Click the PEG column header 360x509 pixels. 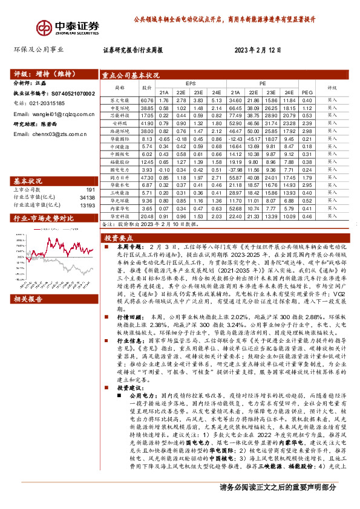click(x=307, y=87)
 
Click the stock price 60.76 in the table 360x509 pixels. click(x=148, y=100)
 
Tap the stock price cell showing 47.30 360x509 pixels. click(x=148, y=178)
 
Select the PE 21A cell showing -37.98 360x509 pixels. click(x=235, y=170)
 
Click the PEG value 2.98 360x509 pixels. click(x=307, y=131)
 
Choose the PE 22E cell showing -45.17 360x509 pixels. click(x=253, y=139)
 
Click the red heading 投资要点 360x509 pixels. click(x=119, y=238)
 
